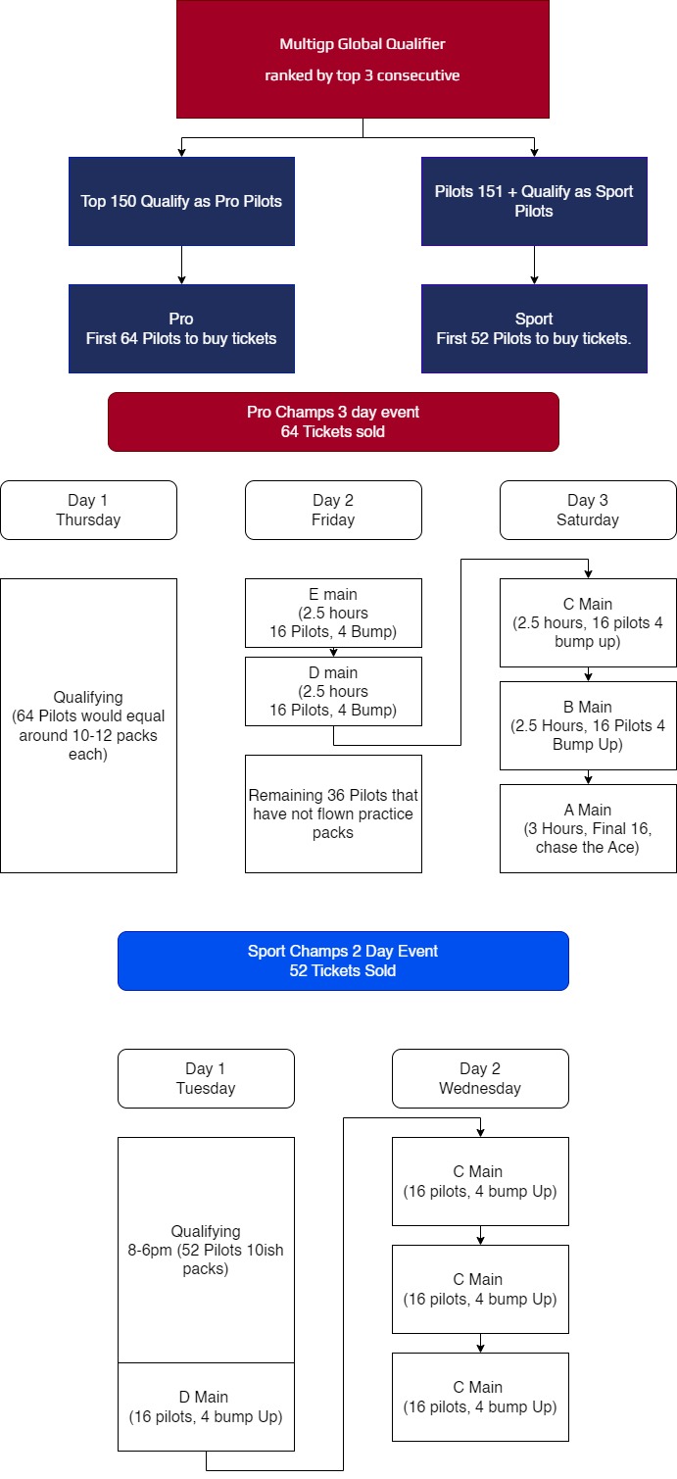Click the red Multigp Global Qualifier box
363,60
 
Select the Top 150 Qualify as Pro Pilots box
181,201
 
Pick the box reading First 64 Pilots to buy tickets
181,328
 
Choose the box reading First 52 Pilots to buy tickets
535,328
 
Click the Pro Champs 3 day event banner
333,421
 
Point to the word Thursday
88,520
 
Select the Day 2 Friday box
333,511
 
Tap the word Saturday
588,520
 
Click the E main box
333,614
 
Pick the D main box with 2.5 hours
333,691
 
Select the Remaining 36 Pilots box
333,814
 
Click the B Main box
588,725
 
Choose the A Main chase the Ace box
588,828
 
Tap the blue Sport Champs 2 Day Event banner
343,961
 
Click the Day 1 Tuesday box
206,1079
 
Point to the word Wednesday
480,1089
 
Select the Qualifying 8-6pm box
206,1250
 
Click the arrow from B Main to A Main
588,777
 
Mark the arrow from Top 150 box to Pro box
181,265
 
